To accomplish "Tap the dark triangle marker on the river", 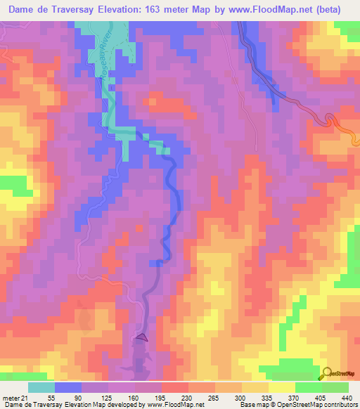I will (x=143, y=337).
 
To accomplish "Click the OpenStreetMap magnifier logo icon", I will (x=327, y=373).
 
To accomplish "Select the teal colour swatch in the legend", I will (x=41, y=387).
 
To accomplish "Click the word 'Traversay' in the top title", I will (x=77, y=10).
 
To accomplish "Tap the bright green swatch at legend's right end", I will (x=336, y=387).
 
